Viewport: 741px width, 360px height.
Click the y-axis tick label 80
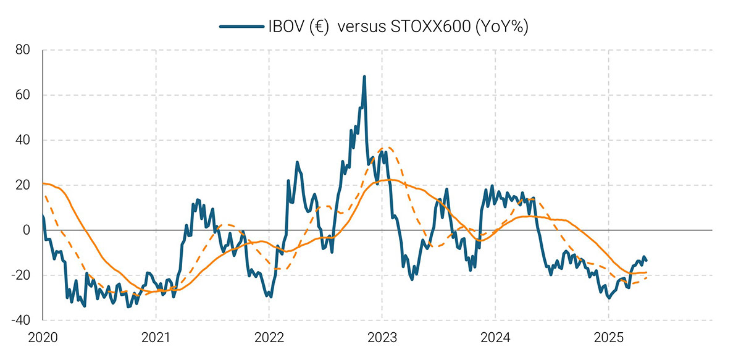coord(22,50)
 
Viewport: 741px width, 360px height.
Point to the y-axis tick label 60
coord(22,95)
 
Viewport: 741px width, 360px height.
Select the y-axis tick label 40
coord(22,140)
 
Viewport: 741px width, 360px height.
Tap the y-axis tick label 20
coord(22,185)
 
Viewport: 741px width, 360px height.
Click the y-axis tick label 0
coord(26,230)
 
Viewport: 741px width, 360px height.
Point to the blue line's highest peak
coord(364,77)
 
